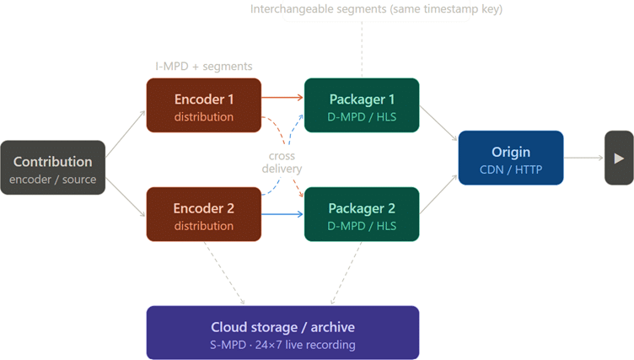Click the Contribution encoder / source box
point(52,168)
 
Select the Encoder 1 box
point(204,105)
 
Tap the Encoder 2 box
point(204,214)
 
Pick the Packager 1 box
point(362,105)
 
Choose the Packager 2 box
point(362,214)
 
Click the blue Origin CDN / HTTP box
point(511,158)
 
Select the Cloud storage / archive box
point(282,332)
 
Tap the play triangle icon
point(619,159)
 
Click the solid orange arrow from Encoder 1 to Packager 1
point(282,98)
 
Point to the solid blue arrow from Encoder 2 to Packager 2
point(282,214)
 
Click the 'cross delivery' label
point(282,162)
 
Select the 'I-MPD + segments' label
point(204,67)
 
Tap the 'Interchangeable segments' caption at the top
point(376,9)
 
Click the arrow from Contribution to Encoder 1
point(126,134)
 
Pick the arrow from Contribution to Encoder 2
point(126,197)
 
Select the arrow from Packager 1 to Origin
point(438,123)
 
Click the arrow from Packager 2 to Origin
point(438,194)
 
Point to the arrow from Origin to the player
point(583,158)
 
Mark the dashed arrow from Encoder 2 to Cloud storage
point(224,273)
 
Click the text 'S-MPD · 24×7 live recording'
point(282,345)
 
